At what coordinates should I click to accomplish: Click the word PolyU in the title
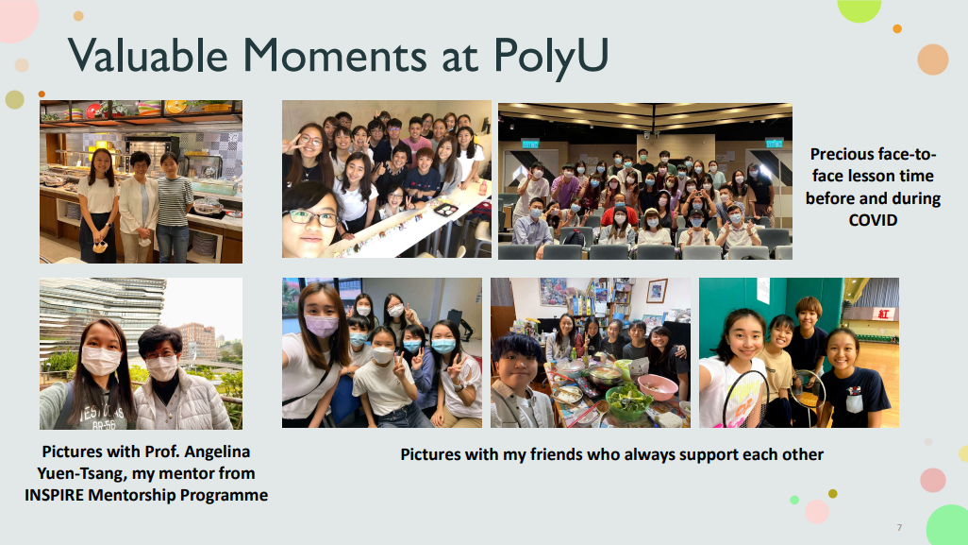pos(551,57)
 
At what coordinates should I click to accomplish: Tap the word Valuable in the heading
pos(147,55)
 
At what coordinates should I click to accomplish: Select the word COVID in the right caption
pos(873,220)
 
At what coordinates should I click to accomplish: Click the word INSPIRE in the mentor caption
pos(54,495)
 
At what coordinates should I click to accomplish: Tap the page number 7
pos(899,527)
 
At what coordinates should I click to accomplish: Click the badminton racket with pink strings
pos(745,400)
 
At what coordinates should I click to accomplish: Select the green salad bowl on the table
pos(628,400)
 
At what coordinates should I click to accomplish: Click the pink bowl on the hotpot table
pos(659,387)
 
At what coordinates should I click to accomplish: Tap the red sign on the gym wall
pos(883,314)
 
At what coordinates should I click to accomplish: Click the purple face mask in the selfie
pos(321,326)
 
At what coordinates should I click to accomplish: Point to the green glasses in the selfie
pos(311,217)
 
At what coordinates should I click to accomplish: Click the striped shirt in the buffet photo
pos(175,201)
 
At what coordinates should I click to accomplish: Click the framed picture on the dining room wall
pos(657,290)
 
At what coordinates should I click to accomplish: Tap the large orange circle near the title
pos(932,60)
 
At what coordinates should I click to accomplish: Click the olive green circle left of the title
pos(14,99)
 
